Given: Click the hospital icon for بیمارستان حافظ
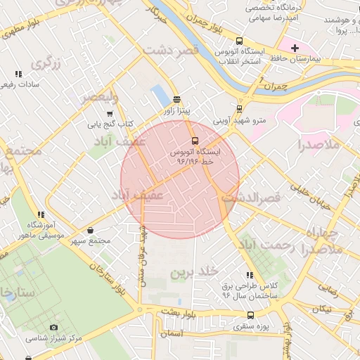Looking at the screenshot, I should [x=295, y=47].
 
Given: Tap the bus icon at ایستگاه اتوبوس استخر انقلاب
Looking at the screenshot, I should [x=240, y=41].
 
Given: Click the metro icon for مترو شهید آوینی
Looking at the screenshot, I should [x=240, y=109].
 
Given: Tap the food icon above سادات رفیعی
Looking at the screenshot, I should [x=18, y=73].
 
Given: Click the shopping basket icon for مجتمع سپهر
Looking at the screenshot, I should [x=91, y=230].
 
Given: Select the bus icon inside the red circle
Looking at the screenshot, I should [x=195, y=139].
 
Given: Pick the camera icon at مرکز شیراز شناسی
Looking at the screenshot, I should [x=54, y=327].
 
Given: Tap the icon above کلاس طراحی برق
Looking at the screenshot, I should [x=250, y=275].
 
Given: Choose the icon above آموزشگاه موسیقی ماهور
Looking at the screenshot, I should [x=41, y=214].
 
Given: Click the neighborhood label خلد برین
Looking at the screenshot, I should [x=196, y=271].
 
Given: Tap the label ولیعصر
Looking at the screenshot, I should [x=99, y=97].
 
